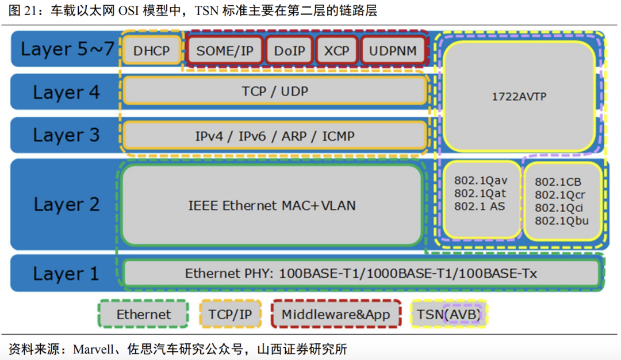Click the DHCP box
[x=152, y=51]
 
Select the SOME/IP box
[x=225, y=51]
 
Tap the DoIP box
[x=290, y=51]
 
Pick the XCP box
[x=336, y=51]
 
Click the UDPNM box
[x=393, y=51]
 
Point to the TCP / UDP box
[x=275, y=91]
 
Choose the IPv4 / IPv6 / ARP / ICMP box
[x=275, y=136]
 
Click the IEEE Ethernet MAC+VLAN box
[x=272, y=205]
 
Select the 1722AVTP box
[x=519, y=97]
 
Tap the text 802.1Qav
[x=481, y=181]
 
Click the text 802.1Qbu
[x=562, y=221]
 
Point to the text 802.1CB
[x=557, y=182]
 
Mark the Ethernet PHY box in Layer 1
[x=361, y=274]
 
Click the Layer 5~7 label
[x=68, y=49]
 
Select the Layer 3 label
[x=66, y=135]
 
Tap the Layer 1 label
[x=66, y=274]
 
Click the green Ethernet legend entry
[x=144, y=315]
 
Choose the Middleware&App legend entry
[x=336, y=315]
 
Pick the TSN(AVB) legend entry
[x=448, y=315]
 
